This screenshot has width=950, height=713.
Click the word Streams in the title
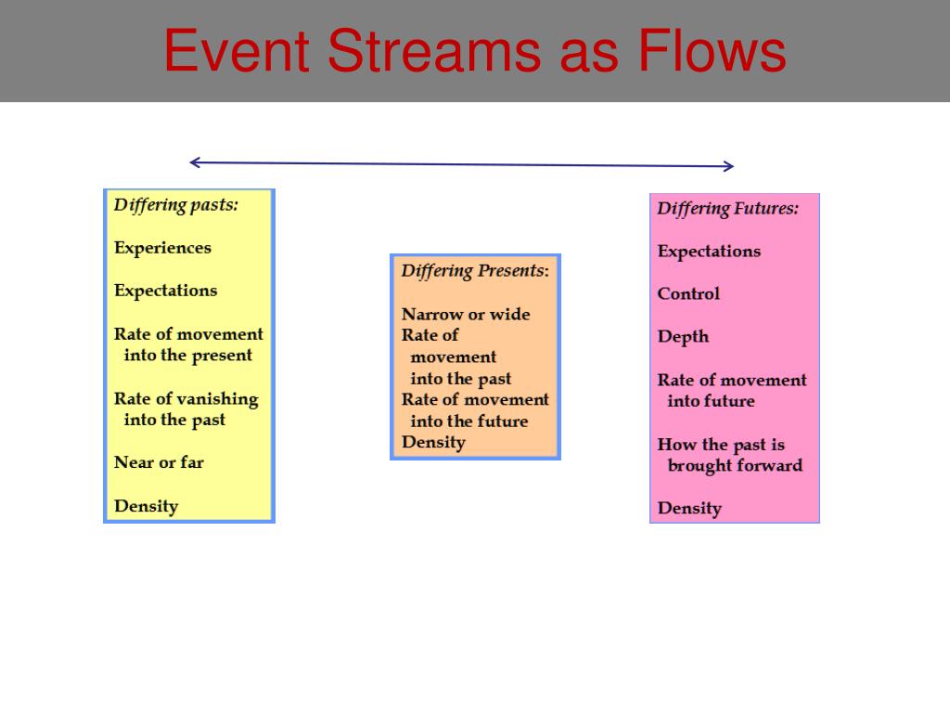click(434, 51)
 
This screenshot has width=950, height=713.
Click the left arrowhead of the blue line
click(195, 162)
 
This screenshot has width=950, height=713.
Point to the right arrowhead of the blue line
click(728, 165)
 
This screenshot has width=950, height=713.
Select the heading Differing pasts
click(175, 205)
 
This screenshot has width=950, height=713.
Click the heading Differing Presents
click(475, 270)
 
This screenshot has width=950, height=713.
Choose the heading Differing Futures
click(727, 209)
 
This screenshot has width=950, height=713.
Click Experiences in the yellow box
click(162, 248)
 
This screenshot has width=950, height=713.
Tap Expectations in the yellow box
click(165, 291)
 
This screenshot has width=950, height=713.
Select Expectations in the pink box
click(709, 252)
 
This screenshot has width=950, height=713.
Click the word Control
click(688, 293)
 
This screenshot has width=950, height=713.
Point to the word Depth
click(683, 336)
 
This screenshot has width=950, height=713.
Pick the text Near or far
click(159, 462)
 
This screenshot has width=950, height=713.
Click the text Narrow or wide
click(466, 314)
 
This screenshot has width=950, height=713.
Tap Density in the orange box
click(433, 442)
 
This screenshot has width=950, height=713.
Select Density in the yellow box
click(146, 506)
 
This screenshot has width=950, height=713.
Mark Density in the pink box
click(689, 508)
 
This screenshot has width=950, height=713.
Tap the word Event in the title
click(237, 51)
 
